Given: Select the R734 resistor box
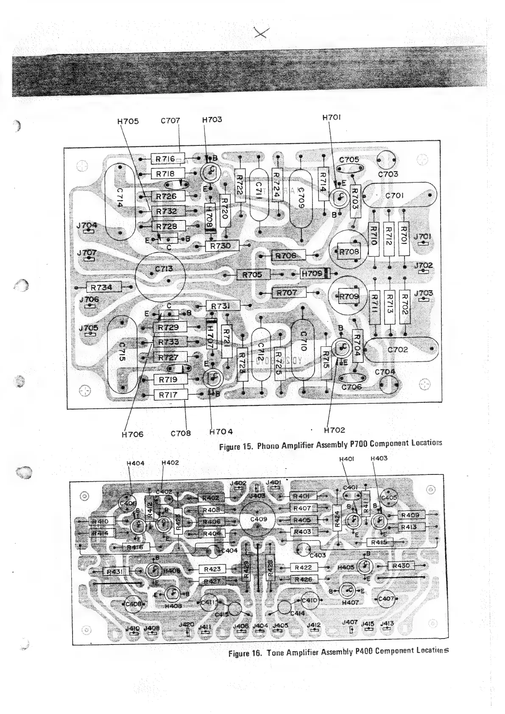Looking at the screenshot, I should coord(104,287).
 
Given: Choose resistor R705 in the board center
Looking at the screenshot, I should coord(252,275).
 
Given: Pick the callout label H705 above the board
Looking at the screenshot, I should coord(128,121).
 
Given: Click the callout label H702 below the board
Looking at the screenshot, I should coord(334,430).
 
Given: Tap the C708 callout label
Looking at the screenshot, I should coord(181,433).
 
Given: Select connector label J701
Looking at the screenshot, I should coord(422,236).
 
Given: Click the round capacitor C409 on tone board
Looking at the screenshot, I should coord(258,519).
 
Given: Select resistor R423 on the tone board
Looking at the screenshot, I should coord(212,569).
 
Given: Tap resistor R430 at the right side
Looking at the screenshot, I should coord(401,566).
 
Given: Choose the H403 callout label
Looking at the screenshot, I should coord(379,458).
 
